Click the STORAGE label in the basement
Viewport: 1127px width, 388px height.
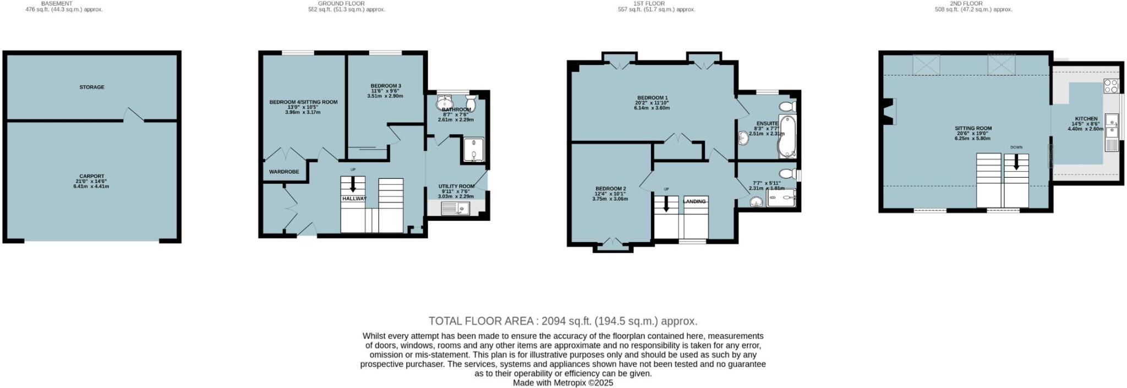[91, 87]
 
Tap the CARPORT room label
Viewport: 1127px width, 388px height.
[91, 176]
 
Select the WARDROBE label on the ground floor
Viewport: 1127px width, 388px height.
[284, 172]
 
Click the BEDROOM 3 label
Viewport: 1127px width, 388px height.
[385, 86]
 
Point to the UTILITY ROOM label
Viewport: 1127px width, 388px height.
[456, 187]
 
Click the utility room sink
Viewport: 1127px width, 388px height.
[456, 208]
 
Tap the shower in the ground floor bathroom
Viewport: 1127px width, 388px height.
[473, 150]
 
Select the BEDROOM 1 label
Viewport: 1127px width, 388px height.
[652, 98]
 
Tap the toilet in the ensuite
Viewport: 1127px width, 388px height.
[787, 106]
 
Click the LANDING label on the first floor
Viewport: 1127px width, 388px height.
[694, 201]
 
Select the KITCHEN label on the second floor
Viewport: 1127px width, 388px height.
[1086, 118]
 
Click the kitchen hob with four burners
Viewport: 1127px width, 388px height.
[1110, 86]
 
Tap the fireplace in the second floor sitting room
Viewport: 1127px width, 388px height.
[888, 112]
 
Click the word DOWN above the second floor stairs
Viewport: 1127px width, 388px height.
[1016, 147]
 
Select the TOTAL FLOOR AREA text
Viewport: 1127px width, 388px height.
[563, 321]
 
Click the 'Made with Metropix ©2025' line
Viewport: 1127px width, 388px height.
[563, 382]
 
